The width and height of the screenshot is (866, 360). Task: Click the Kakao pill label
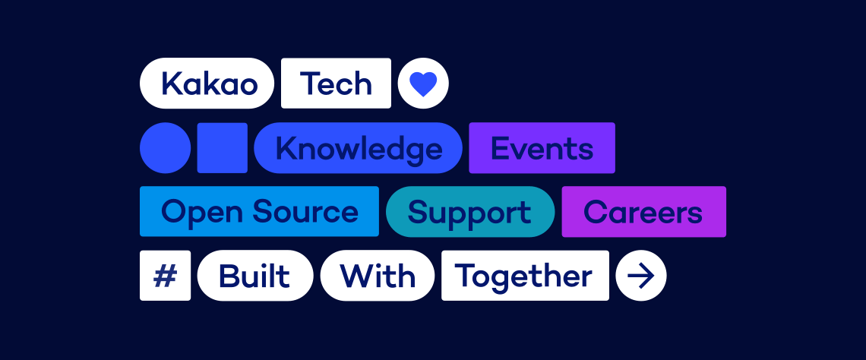click(x=207, y=83)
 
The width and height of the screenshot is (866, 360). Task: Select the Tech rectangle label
click(x=336, y=83)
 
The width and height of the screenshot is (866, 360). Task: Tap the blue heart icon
click(x=423, y=84)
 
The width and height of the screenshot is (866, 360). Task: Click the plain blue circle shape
click(x=165, y=147)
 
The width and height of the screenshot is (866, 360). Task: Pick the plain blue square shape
click(x=222, y=147)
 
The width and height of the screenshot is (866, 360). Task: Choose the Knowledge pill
click(x=358, y=147)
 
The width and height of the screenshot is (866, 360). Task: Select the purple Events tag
click(x=542, y=147)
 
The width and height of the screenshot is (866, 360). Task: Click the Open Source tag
click(x=259, y=211)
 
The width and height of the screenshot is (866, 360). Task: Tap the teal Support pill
click(x=470, y=211)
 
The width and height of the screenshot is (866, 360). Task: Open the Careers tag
click(x=644, y=211)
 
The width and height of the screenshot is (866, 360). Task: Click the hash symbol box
click(x=165, y=276)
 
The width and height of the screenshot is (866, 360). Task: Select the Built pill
click(x=255, y=276)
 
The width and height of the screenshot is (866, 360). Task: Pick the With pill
click(x=378, y=276)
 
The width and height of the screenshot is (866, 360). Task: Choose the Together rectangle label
click(x=525, y=276)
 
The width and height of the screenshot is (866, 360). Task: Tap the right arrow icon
click(x=641, y=276)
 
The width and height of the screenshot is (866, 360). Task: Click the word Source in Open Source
click(x=305, y=211)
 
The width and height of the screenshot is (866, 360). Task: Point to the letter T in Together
click(x=465, y=276)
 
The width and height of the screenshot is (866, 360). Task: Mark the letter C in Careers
click(x=595, y=211)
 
